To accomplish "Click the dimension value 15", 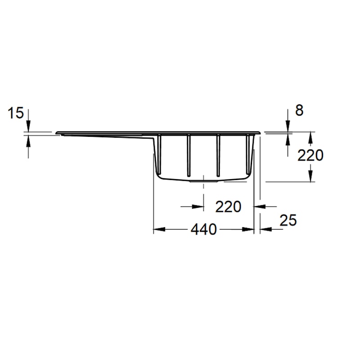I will click(x=16, y=113).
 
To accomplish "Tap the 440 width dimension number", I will click(x=203, y=229).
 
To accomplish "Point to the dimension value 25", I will click(x=288, y=220).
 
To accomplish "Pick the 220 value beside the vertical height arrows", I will click(x=310, y=155).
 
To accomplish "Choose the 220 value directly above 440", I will click(x=228, y=207).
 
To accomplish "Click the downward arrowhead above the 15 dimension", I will click(x=28, y=127).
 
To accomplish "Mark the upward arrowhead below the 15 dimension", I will click(x=28, y=140).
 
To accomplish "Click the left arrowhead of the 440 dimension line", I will click(x=158, y=229).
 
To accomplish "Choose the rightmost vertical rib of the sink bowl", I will click(x=247, y=153).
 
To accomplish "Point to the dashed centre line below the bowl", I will click(x=204, y=193).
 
